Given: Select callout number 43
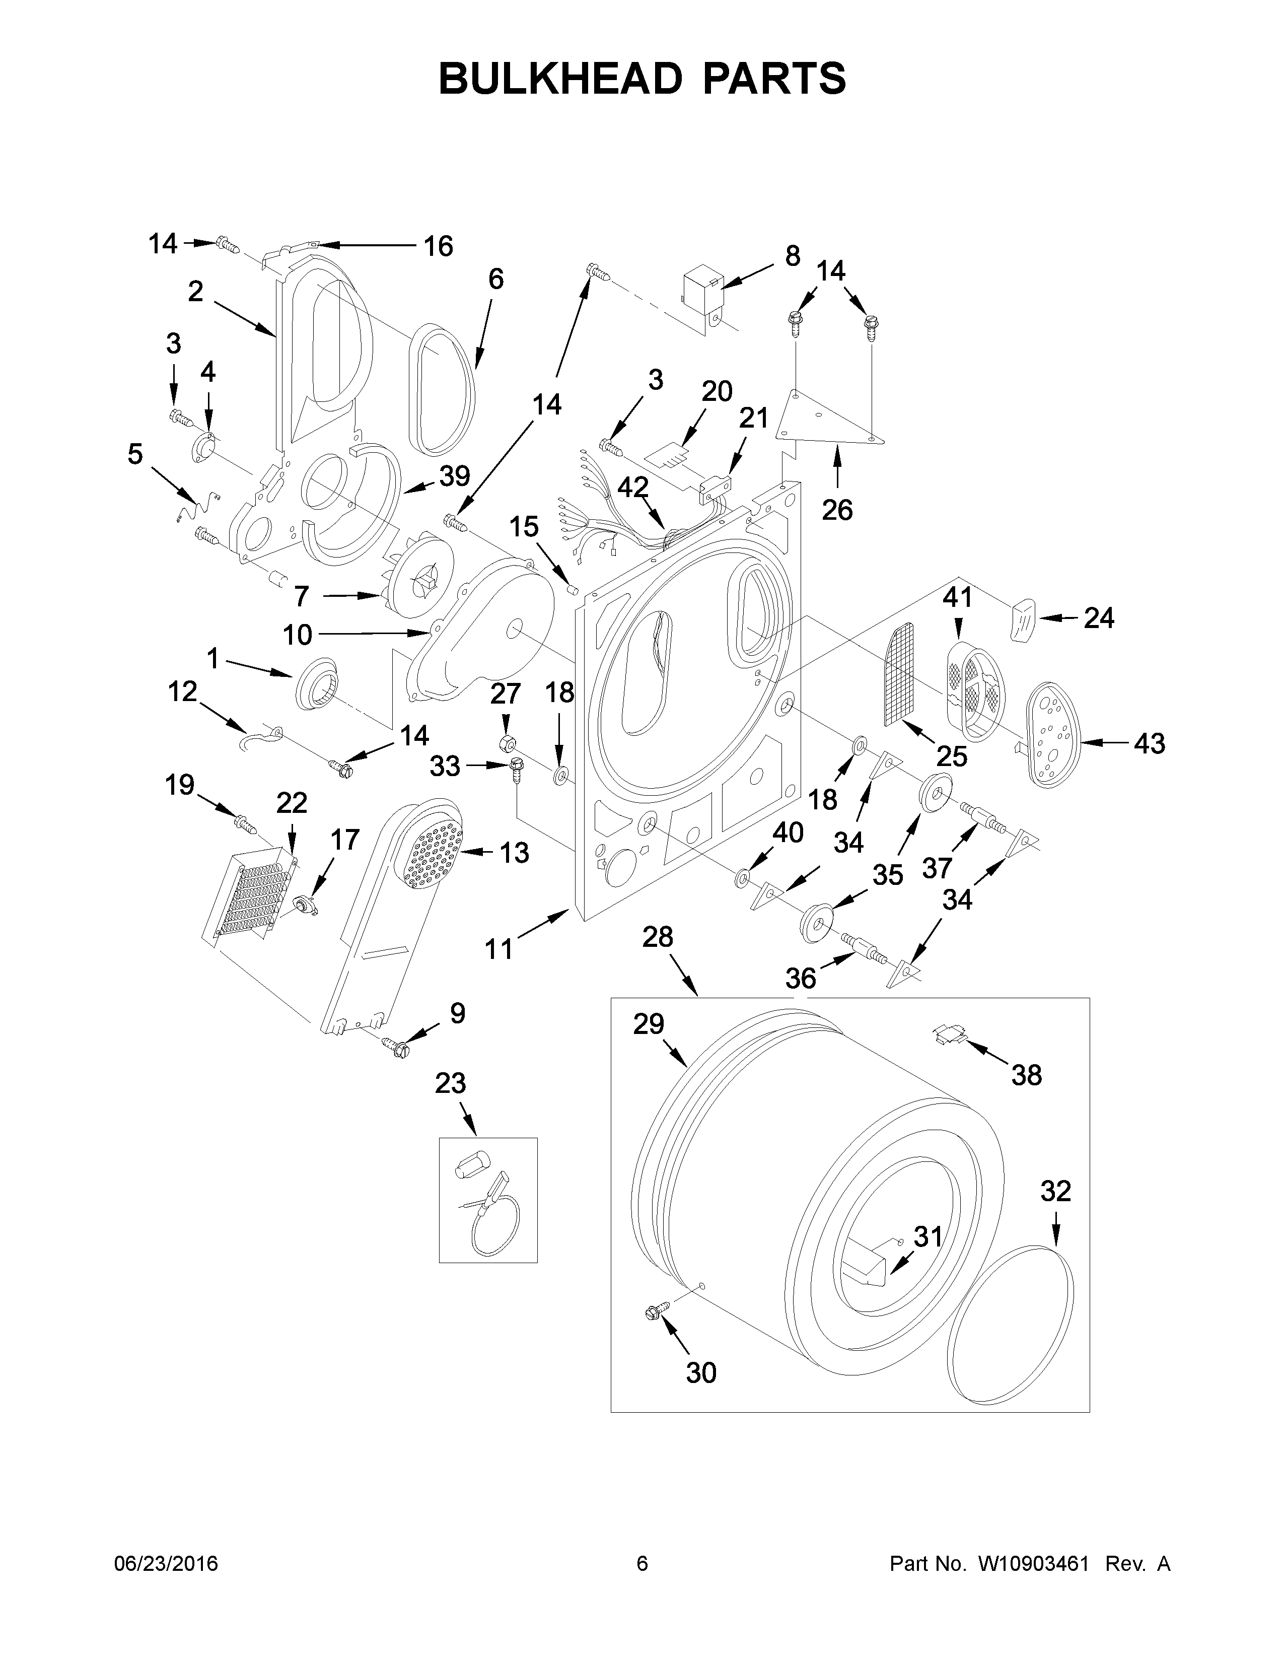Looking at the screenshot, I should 1149,743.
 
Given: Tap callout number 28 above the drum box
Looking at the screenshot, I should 657,937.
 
